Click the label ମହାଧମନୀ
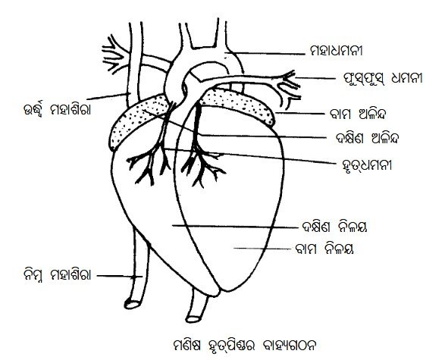point(337,51)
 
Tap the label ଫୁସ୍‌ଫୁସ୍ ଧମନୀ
point(383,78)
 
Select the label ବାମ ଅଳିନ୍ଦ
point(358,114)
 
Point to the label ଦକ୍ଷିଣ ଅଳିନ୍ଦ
point(368,138)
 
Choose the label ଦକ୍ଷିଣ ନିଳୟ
point(334,227)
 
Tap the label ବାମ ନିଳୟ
point(324,249)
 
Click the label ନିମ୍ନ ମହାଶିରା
point(57,275)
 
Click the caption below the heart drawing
point(245,346)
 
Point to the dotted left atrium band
point(237,105)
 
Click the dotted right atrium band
point(138,122)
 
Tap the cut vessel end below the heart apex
point(193,318)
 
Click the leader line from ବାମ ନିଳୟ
point(262,249)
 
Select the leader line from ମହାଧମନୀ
point(265,53)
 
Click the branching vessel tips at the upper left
point(114,55)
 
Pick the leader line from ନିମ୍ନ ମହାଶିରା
point(120,276)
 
